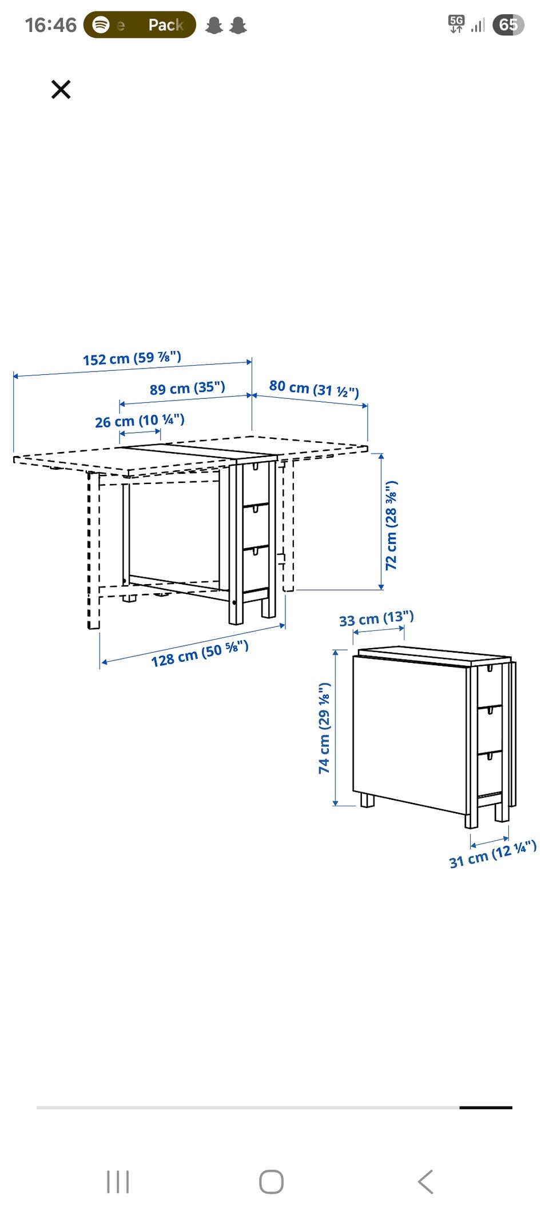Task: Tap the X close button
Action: click(x=61, y=90)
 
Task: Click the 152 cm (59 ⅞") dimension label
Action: click(x=132, y=358)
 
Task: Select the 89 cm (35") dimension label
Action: click(x=188, y=388)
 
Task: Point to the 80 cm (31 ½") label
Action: click(x=314, y=389)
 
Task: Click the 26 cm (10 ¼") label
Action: click(x=140, y=421)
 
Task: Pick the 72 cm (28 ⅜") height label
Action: click(x=391, y=525)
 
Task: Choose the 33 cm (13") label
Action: click(x=376, y=619)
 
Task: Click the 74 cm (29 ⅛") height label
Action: click(x=324, y=728)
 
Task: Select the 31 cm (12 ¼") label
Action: click(x=492, y=854)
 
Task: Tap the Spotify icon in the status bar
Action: click(x=101, y=25)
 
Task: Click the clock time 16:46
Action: click(x=50, y=25)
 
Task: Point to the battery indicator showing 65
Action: click(x=508, y=25)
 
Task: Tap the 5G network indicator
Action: click(x=456, y=24)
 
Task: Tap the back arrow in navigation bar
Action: click(x=426, y=1182)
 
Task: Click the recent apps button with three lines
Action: click(x=118, y=1182)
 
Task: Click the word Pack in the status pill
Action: click(x=166, y=25)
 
